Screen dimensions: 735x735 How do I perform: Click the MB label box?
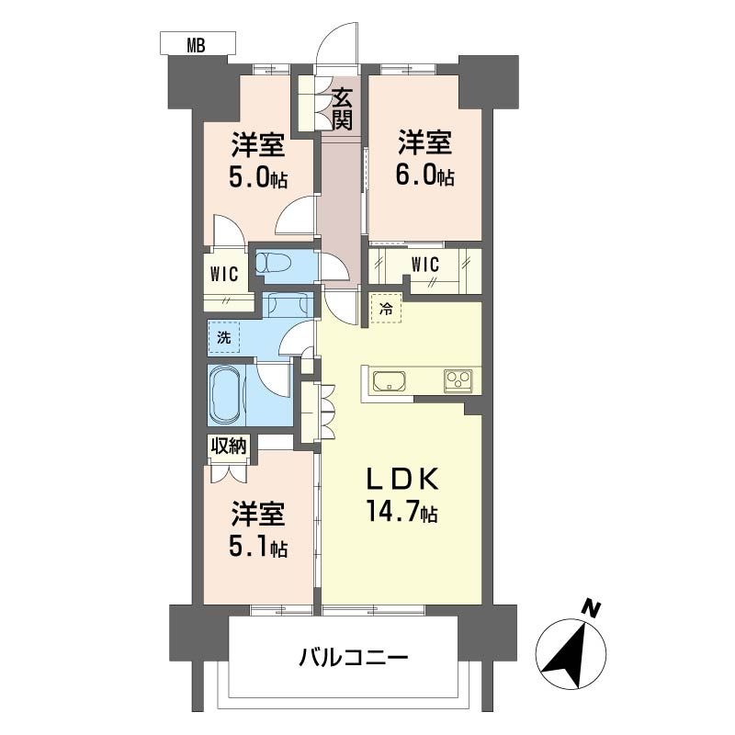[x=197, y=43]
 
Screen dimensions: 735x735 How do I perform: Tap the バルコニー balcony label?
[x=353, y=658]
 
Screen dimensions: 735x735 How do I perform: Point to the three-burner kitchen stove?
[x=458, y=379]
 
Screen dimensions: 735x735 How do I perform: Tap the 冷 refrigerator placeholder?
[x=387, y=310]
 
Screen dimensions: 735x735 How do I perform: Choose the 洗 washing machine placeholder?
[x=223, y=337]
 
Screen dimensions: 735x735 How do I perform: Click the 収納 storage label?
[x=230, y=447]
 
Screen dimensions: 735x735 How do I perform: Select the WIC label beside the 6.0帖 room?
[x=424, y=266]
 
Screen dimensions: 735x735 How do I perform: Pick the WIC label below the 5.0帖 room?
[x=224, y=274]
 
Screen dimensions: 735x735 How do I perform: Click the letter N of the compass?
[x=594, y=608]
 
